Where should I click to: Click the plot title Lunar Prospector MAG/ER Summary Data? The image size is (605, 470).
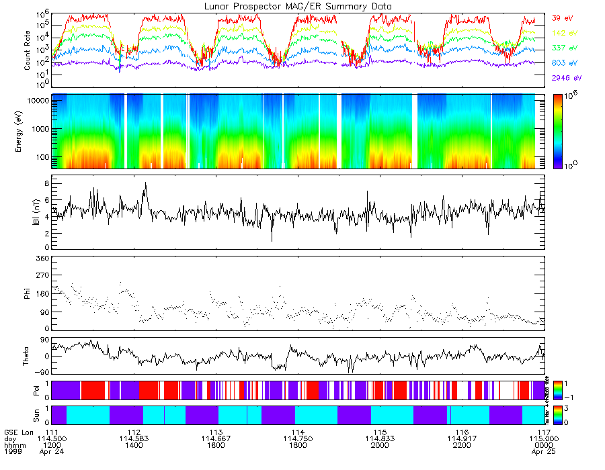click(x=298, y=6)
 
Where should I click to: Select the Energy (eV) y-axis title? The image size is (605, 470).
click(x=28, y=131)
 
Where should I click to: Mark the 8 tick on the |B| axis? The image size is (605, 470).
click(x=46, y=183)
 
